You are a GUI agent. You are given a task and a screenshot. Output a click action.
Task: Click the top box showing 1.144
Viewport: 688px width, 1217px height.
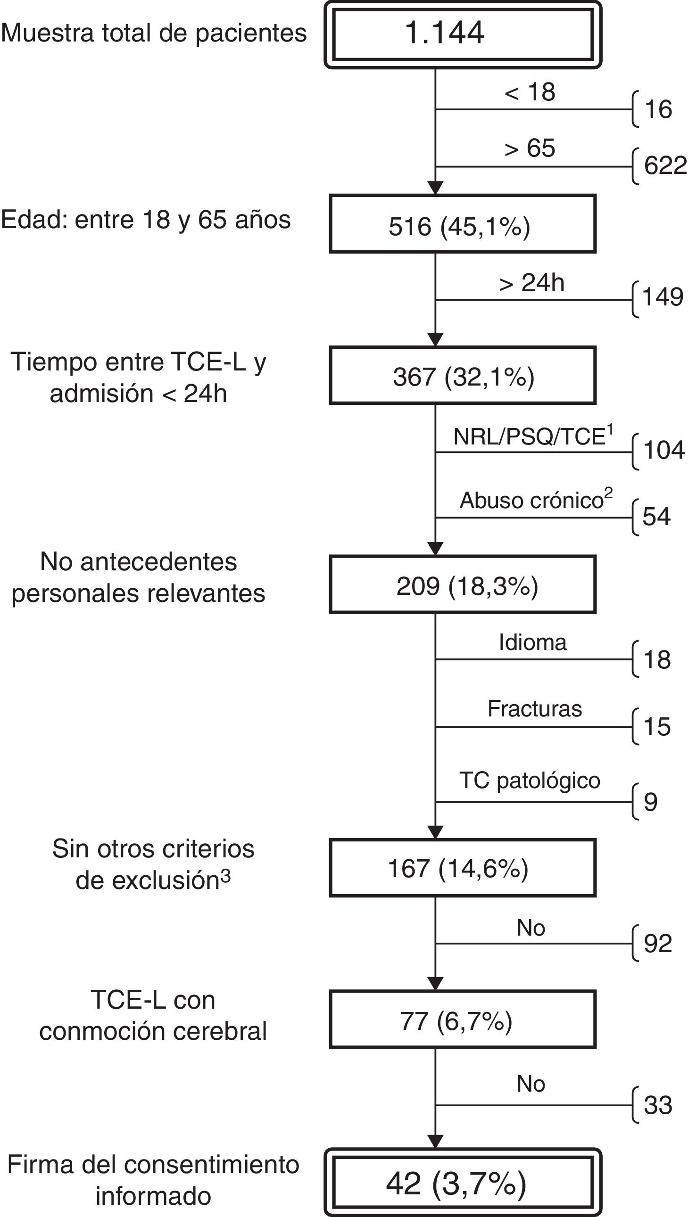click(x=463, y=34)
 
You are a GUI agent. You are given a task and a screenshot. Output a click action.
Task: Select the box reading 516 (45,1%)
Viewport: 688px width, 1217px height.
click(x=463, y=224)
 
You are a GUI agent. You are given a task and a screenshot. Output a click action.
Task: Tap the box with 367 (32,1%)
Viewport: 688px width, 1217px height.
click(x=463, y=376)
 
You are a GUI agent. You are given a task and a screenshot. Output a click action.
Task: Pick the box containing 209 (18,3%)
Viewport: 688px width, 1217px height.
click(x=463, y=585)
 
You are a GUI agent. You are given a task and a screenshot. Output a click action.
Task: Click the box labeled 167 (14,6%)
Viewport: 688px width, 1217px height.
click(x=463, y=868)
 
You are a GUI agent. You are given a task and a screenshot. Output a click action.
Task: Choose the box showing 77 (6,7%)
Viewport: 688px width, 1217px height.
click(x=463, y=1020)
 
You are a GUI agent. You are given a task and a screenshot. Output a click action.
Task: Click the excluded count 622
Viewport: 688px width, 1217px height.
click(x=664, y=166)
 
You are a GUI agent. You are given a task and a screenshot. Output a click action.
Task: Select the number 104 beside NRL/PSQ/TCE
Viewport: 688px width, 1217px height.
click(x=663, y=450)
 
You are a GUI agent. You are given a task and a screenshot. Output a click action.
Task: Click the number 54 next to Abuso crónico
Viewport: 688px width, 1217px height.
click(x=656, y=517)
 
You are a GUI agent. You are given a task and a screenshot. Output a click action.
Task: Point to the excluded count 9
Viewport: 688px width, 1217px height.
click(x=651, y=802)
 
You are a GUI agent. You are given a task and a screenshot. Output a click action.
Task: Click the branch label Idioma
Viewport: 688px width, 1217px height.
click(x=532, y=643)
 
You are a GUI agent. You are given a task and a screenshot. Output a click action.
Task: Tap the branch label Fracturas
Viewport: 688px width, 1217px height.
click(x=534, y=709)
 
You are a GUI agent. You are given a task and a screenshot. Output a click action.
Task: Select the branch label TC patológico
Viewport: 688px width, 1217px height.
click(x=530, y=781)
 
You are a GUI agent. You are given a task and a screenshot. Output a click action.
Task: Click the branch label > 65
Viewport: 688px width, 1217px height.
click(x=529, y=148)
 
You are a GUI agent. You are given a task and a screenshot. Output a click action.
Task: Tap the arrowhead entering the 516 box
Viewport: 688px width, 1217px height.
click(x=435, y=188)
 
